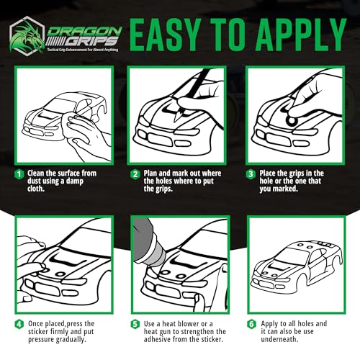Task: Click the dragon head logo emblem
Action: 27,36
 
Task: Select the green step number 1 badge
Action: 19,174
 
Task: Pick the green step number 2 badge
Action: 135,174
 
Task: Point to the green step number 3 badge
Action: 251,174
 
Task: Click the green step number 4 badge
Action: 19,324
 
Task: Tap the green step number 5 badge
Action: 135,324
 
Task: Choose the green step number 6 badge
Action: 251,324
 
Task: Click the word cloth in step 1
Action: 36,189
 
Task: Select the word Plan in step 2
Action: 150,174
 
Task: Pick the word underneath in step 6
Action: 279,339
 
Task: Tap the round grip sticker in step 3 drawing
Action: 291,120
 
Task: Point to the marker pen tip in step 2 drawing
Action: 179,116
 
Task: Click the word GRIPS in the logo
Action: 92,42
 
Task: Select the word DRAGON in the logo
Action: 84,31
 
